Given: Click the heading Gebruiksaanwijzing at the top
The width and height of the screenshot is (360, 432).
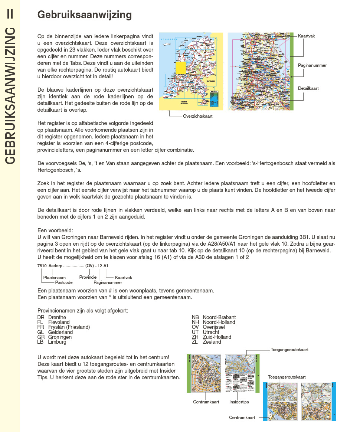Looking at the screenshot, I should pos(85,15).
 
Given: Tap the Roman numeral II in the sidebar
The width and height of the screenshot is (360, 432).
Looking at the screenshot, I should pos(10,14).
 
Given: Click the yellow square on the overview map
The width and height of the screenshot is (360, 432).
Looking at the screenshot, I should pos(181,68).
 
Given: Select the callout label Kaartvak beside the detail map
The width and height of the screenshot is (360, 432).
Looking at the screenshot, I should pos(306,36).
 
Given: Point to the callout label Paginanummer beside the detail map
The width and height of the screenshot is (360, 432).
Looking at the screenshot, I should pos(312,65).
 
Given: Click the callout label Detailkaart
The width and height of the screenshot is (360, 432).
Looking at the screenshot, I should pos(308,88).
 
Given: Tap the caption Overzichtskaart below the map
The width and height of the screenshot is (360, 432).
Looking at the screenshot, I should pos(197,116).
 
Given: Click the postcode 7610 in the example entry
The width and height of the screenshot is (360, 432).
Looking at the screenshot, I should pos(42,266).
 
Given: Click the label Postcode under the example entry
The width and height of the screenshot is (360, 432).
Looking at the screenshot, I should pos(64,282).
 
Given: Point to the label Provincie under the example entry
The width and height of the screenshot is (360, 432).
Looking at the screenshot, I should pos(88,277).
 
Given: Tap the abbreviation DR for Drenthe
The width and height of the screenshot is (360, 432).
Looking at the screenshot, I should pos(41,317).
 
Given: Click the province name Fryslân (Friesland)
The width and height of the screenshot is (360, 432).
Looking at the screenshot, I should pos(69,327).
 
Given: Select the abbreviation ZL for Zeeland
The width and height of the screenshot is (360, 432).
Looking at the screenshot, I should pos(195,342).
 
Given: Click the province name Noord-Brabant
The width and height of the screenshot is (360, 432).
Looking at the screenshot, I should pos(219,317).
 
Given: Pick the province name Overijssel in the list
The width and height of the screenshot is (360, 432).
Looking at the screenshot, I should pos(214,327).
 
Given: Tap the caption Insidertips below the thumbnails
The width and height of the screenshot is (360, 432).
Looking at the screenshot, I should pos(239,402).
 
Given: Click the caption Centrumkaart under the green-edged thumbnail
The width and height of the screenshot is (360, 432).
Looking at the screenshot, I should pos(206,402).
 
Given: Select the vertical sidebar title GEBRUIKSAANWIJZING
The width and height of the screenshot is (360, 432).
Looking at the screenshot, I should pos(10,95).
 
